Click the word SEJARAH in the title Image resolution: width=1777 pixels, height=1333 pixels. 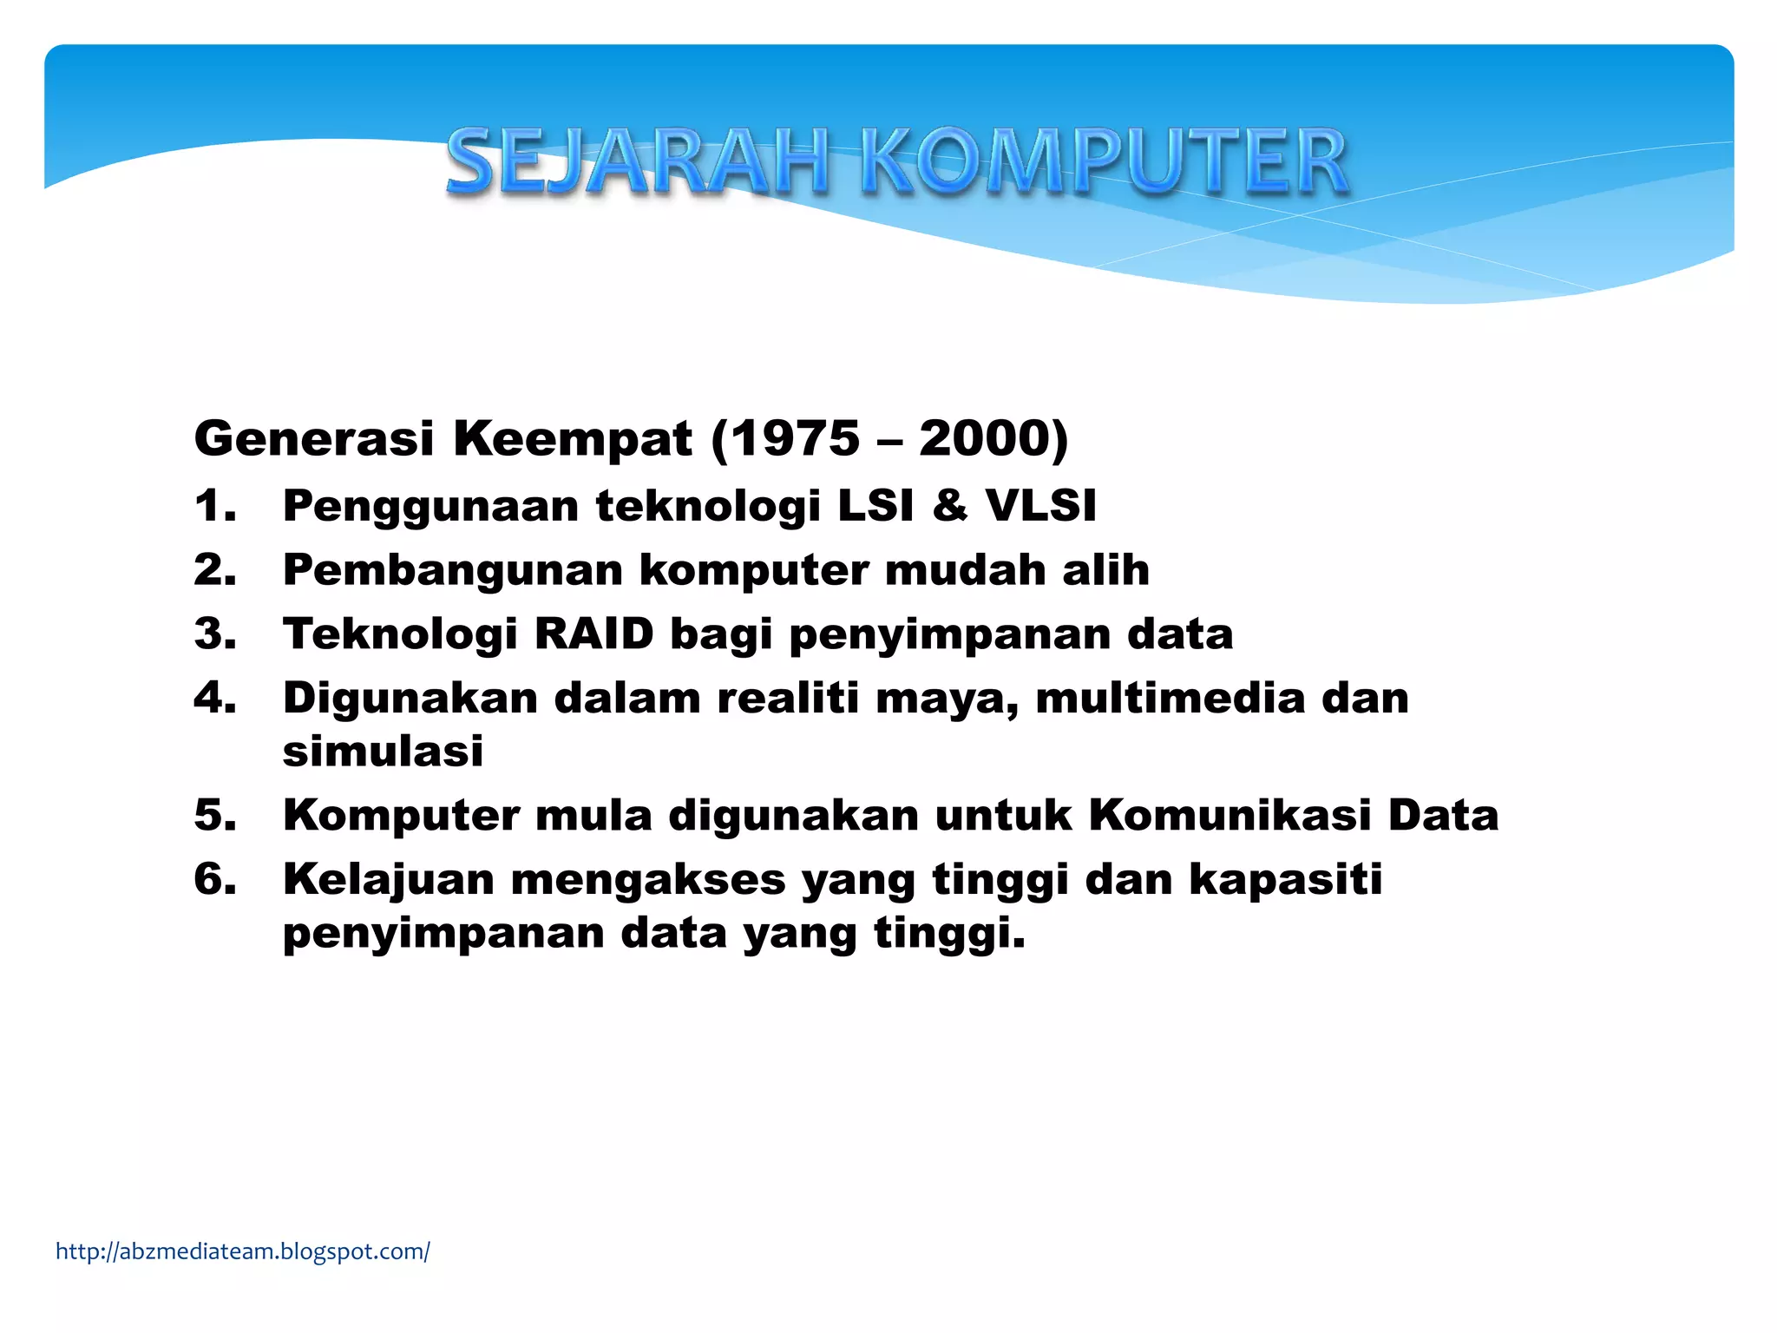(x=638, y=162)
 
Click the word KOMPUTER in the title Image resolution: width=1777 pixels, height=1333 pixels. (x=1104, y=162)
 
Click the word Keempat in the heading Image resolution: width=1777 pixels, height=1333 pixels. (x=573, y=438)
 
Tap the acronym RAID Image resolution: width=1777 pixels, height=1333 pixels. (x=593, y=634)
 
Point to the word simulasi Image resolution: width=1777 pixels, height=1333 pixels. (x=383, y=751)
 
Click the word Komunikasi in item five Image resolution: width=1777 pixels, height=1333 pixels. (x=1229, y=815)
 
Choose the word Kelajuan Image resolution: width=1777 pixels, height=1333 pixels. (x=388, y=879)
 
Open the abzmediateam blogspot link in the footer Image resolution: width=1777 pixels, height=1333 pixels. (x=243, y=1251)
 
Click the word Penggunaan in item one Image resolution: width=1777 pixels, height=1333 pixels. (x=430, y=507)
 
